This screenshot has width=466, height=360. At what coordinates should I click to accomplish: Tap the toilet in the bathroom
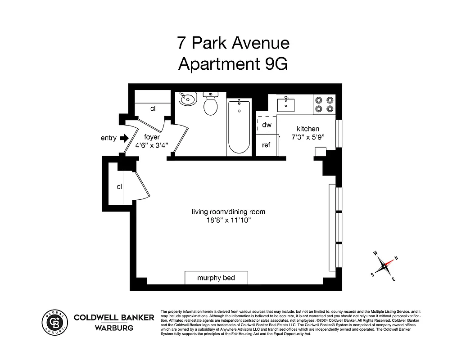click(210, 104)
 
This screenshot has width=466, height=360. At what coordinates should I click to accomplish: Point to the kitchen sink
click(285, 104)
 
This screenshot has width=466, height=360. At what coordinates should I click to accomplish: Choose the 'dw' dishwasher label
click(267, 125)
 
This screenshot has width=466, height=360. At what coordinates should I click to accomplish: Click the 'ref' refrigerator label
click(267, 145)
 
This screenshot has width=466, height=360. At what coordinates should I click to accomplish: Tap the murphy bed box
click(216, 278)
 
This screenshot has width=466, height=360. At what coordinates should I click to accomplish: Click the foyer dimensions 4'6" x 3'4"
click(152, 145)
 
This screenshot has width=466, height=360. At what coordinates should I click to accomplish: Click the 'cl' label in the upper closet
click(153, 108)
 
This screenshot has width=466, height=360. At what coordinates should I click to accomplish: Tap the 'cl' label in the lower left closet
click(119, 186)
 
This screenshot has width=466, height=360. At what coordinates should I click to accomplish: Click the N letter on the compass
click(396, 258)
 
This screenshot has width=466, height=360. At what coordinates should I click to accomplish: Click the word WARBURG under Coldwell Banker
click(113, 328)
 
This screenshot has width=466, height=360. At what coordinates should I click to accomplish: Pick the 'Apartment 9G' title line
click(232, 64)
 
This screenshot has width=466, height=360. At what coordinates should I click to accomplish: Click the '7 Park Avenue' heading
click(233, 43)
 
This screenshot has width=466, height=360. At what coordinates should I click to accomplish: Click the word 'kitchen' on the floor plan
click(308, 129)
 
